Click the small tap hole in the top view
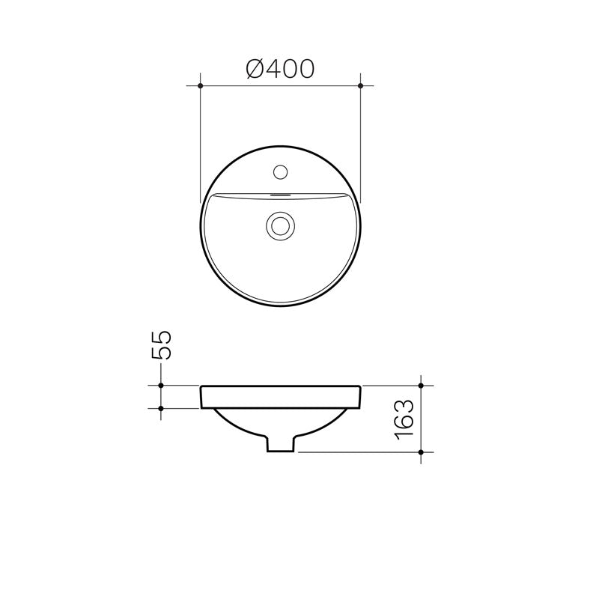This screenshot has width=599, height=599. pos(281,172)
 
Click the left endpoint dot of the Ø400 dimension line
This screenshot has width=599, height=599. pos(201,86)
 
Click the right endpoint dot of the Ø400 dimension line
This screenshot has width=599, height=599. pos(361,86)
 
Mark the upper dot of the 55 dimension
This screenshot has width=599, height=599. pos(162,386)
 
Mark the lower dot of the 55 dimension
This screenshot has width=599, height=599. pos(162,408)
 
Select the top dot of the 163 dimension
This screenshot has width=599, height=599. pos(422,386)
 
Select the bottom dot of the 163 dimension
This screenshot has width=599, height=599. pos(422,452)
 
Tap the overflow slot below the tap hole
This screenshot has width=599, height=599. pos(281,193)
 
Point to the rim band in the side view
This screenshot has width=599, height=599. pos(281,397)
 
